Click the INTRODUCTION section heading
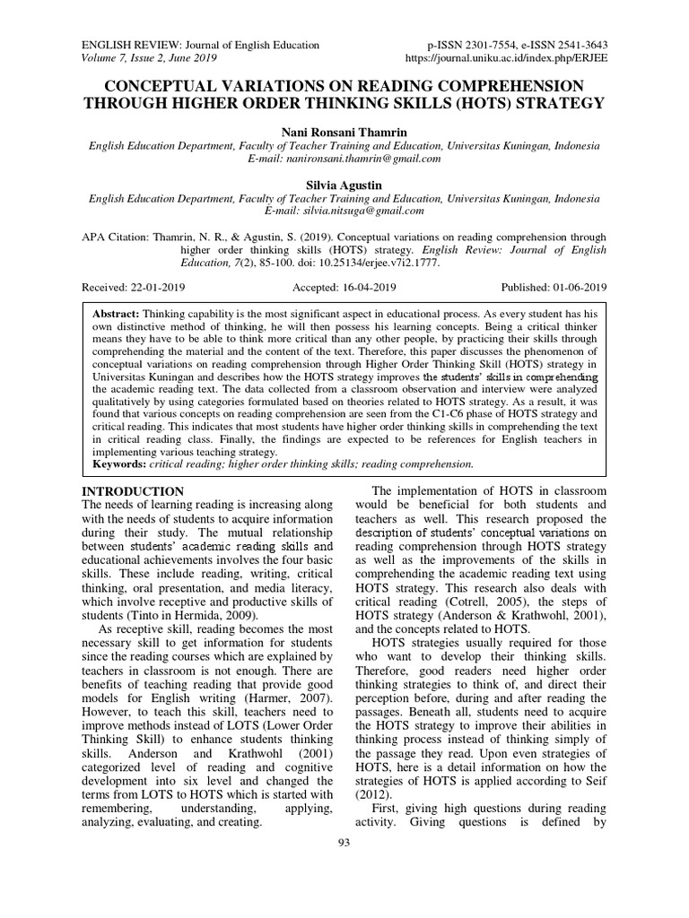coord(133,491)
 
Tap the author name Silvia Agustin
coord(344,185)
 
